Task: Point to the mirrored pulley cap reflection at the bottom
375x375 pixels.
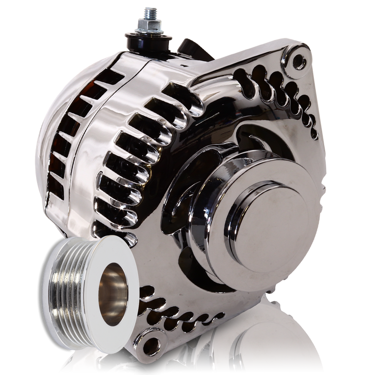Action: pyautogui.click(x=276, y=345)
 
